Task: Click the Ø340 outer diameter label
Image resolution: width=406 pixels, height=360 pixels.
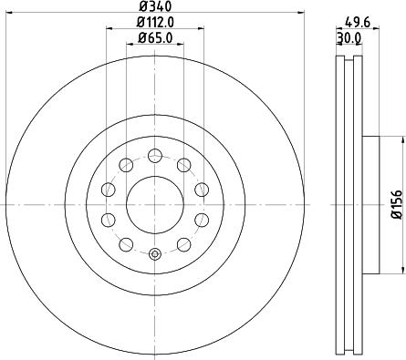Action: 154,8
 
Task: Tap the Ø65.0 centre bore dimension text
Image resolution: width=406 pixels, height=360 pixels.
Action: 156,38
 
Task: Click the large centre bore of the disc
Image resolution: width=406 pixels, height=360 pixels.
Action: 153,203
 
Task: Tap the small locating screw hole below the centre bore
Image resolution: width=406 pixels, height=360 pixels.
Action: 154,254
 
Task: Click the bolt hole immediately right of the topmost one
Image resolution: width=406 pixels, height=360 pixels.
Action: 183,165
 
